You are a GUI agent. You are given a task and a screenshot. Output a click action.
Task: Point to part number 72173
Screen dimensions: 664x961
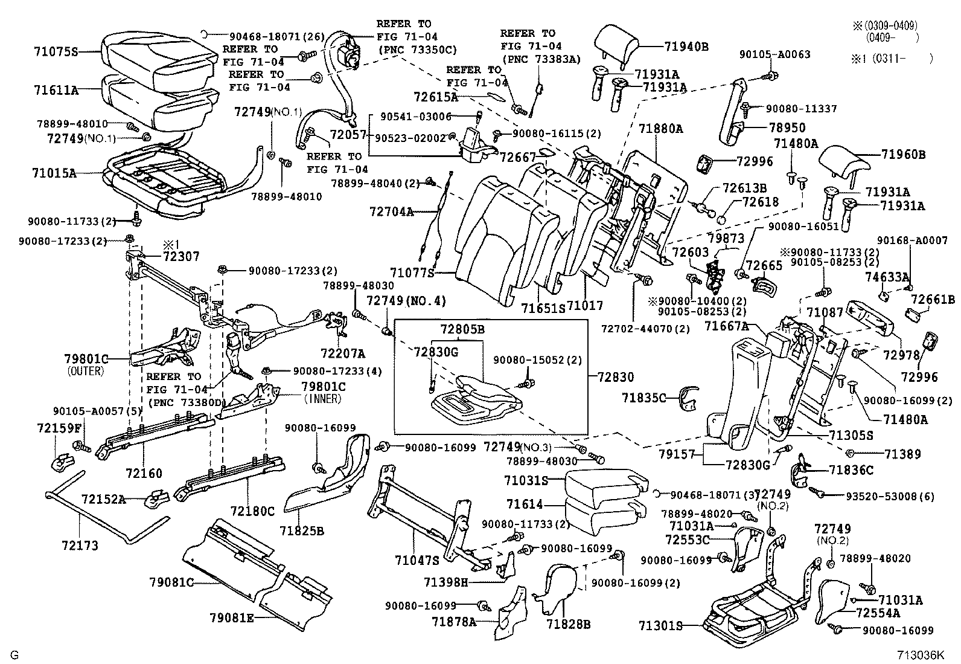pos(80,546)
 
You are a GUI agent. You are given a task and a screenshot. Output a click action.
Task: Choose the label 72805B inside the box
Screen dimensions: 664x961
pos(462,330)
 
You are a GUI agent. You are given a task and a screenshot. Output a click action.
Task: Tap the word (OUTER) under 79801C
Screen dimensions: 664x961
pos(86,371)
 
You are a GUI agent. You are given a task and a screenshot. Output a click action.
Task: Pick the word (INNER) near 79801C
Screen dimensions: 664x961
pos(323,398)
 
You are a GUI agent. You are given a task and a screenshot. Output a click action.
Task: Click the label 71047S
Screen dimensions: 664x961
pos(417,561)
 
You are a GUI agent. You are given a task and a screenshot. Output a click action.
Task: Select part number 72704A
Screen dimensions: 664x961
pos(392,211)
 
